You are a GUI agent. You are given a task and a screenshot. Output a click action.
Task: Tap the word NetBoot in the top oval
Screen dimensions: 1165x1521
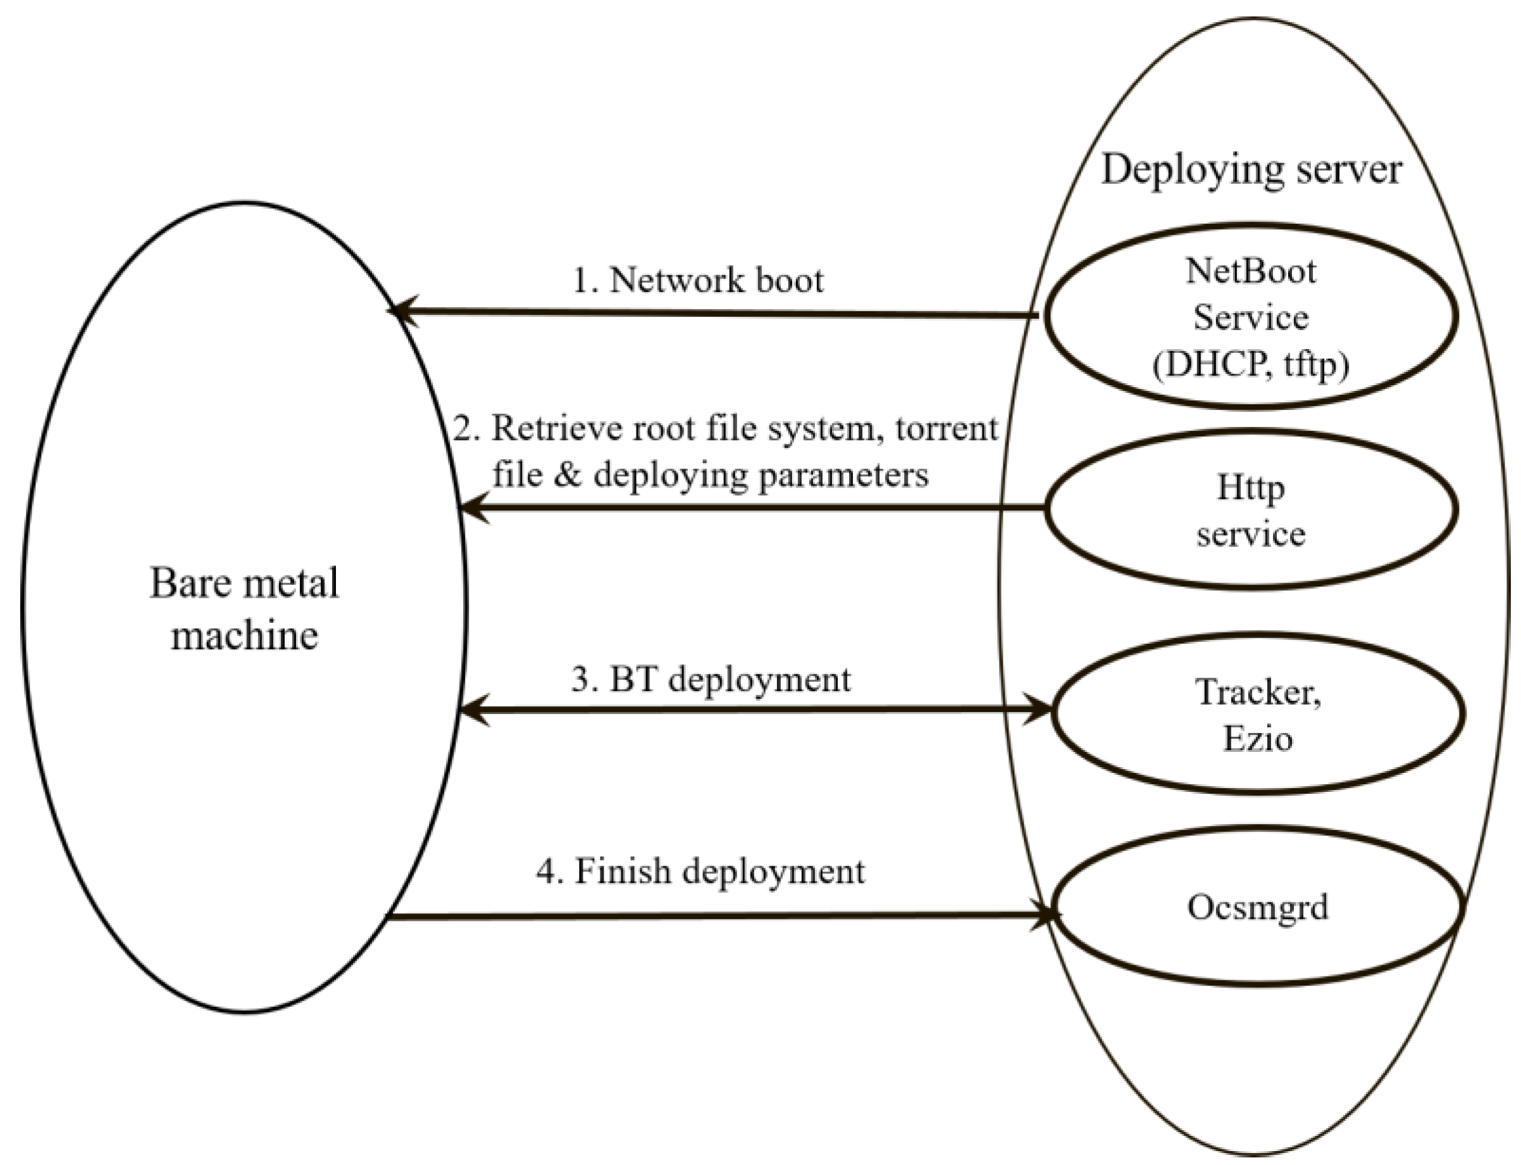point(1250,271)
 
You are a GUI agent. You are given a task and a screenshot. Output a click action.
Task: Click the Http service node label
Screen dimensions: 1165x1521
point(1250,511)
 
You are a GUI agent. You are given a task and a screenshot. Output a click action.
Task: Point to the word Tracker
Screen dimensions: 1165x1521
point(1257,691)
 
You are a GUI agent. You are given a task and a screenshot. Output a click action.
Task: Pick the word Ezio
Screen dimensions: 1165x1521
point(1257,739)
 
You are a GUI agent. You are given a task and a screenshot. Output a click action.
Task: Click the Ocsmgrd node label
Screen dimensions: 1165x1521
point(1257,906)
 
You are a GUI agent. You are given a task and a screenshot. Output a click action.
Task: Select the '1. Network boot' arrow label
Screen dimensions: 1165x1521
point(698,280)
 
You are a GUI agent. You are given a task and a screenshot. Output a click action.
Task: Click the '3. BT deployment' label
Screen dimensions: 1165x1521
point(711,679)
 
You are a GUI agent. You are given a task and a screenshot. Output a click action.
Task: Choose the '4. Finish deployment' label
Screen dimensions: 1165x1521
point(700,871)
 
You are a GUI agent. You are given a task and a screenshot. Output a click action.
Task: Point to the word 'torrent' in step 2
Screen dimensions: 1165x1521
point(946,429)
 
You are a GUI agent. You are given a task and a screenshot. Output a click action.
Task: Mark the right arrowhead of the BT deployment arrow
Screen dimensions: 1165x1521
point(1040,710)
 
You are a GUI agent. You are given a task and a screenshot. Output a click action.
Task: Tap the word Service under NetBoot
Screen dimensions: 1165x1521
point(1250,317)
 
